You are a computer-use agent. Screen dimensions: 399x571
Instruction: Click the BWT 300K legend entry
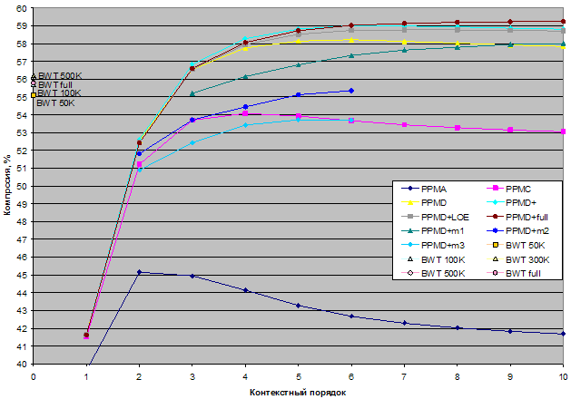click(x=527, y=259)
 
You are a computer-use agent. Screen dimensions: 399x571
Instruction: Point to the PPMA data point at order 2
click(x=139, y=272)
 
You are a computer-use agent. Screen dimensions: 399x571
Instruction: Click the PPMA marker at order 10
click(x=563, y=334)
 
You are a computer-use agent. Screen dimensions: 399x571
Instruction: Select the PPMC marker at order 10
click(x=563, y=131)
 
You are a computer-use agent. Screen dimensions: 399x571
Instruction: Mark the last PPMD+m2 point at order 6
click(x=350, y=91)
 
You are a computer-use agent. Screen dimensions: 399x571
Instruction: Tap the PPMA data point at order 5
click(x=298, y=306)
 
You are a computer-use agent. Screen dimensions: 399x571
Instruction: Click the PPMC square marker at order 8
click(x=457, y=128)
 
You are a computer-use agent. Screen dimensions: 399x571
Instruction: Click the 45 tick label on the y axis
click(x=24, y=275)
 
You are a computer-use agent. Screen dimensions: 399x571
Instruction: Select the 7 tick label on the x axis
click(x=404, y=375)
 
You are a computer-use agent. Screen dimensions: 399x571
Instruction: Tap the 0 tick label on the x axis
click(x=34, y=375)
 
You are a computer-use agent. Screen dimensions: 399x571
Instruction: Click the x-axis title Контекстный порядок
click(x=298, y=392)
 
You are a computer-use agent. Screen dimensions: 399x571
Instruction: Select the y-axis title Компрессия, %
click(x=7, y=187)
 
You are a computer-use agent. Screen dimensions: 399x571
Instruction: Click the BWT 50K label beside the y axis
click(x=55, y=102)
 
